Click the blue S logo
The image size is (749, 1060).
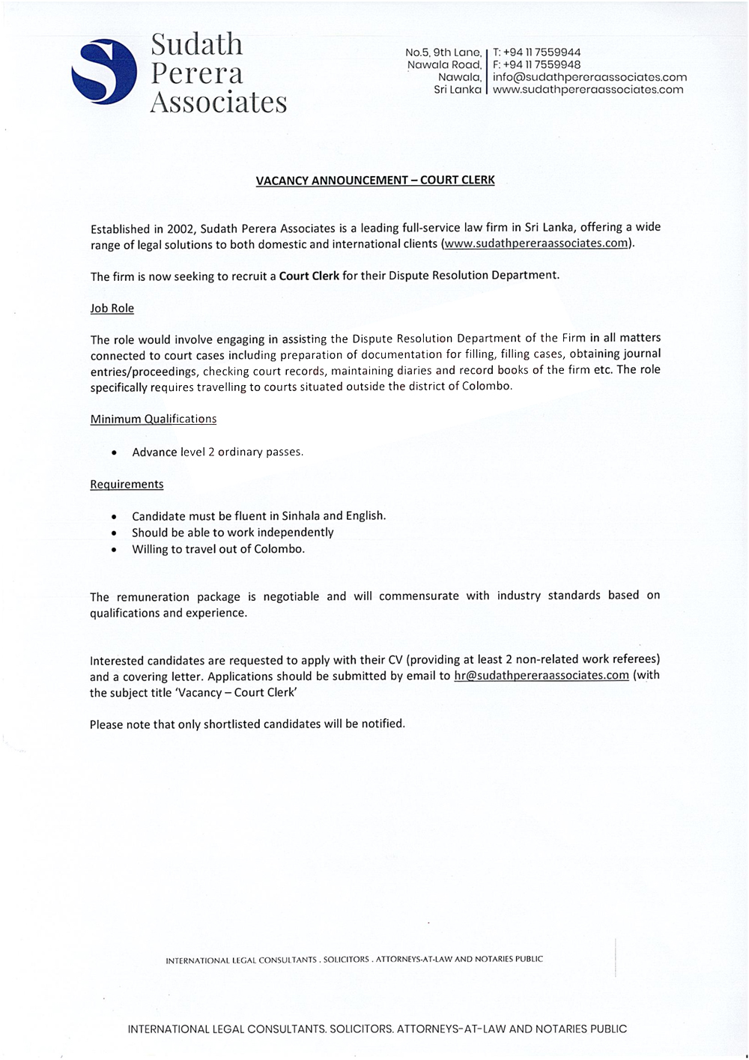click(x=104, y=72)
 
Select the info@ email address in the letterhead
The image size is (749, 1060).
click(x=589, y=77)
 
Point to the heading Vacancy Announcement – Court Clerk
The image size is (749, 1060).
click(x=375, y=181)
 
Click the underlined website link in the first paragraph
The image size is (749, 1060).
click(x=537, y=243)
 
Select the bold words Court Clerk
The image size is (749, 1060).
click(x=309, y=275)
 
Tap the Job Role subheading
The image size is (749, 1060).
click(x=112, y=308)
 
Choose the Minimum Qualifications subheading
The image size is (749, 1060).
click(x=154, y=419)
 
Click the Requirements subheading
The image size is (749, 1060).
click(x=127, y=484)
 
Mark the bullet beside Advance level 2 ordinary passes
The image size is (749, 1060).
click(x=113, y=453)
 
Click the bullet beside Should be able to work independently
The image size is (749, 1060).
click(x=113, y=533)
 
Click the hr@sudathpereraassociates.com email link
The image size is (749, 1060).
click(x=541, y=675)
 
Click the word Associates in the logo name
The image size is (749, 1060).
click(x=219, y=102)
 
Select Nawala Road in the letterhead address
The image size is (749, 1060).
click(x=444, y=64)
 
